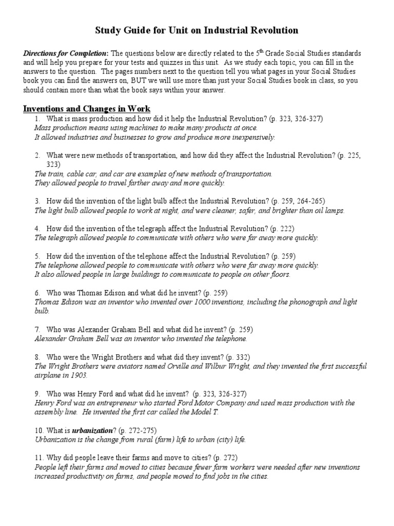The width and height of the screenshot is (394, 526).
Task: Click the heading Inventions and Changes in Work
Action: pos(86,108)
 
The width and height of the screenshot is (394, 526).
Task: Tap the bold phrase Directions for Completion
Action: pos(64,53)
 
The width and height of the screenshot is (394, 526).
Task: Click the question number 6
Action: pos(37,293)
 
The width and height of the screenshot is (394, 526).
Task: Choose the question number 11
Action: pos(39,458)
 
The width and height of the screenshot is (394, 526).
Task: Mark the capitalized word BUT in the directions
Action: pos(256,81)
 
